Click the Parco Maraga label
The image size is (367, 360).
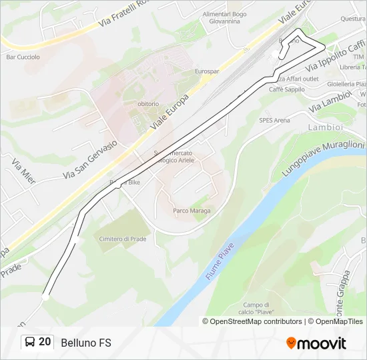coord(192,211)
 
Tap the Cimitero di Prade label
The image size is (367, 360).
coord(122,239)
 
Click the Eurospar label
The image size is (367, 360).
coord(207,71)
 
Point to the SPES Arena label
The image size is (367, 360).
coord(274,121)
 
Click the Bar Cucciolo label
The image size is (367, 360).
coord(23,57)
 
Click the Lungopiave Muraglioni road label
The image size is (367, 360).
coord(322,157)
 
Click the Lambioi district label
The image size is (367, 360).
coord(325,127)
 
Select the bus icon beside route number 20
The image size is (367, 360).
coord(30,343)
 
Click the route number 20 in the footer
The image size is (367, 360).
coord(45,342)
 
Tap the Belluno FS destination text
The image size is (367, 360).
coord(85,343)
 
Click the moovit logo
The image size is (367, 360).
coord(316,343)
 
